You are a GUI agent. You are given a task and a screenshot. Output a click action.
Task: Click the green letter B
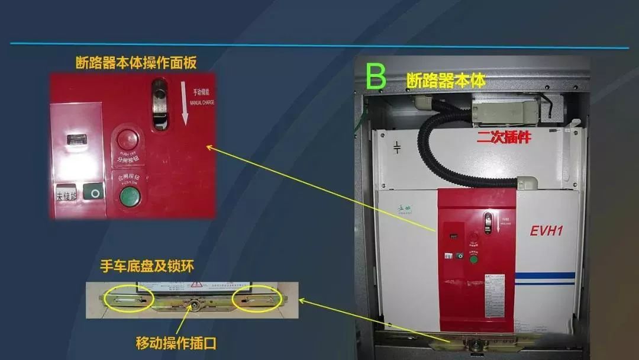pyautogui.click(x=376, y=76)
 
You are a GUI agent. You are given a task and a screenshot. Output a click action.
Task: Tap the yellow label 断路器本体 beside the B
pyautogui.click(x=446, y=80)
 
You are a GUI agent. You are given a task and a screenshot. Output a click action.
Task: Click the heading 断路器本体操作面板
pyautogui.click(x=135, y=63)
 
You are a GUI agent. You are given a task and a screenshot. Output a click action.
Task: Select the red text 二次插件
pyautogui.click(x=503, y=138)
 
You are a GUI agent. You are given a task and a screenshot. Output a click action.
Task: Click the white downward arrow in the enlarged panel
pyautogui.click(x=185, y=104)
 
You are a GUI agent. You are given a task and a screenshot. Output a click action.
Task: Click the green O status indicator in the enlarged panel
pyautogui.click(x=93, y=192)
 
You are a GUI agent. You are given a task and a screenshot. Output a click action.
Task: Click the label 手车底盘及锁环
pyautogui.click(x=147, y=267)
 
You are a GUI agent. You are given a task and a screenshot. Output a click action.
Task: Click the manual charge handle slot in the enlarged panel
pyautogui.click(x=159, y=104)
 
